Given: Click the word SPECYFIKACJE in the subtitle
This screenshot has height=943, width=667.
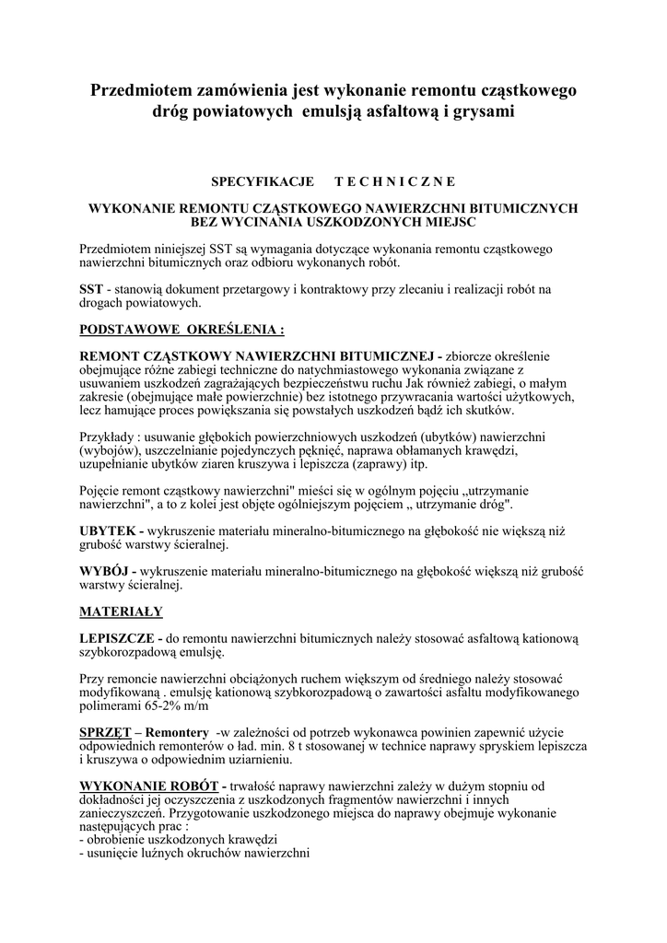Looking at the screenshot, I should (x=263, y=182).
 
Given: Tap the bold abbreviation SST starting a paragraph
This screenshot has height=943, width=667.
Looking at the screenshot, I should (x=91, y=289).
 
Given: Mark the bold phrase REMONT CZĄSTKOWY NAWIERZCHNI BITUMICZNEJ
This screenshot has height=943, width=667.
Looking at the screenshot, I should (x=261, y=355).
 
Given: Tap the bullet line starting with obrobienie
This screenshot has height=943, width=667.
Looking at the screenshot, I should (x=179, y=841).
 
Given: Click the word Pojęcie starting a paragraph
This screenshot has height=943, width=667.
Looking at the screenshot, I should (x=104, y=492).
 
